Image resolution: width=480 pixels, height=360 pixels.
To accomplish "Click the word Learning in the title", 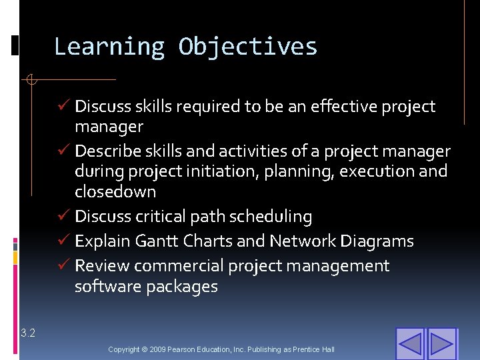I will coord(109,47).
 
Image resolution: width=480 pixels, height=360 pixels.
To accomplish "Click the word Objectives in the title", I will coord(248,47).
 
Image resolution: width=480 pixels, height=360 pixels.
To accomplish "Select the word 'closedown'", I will coord(115,192).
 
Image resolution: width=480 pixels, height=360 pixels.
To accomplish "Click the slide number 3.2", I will coord(28,333).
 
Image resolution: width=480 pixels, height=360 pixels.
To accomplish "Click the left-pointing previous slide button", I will coord(410,344).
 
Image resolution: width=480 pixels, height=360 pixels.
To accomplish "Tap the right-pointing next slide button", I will coord(441,344).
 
